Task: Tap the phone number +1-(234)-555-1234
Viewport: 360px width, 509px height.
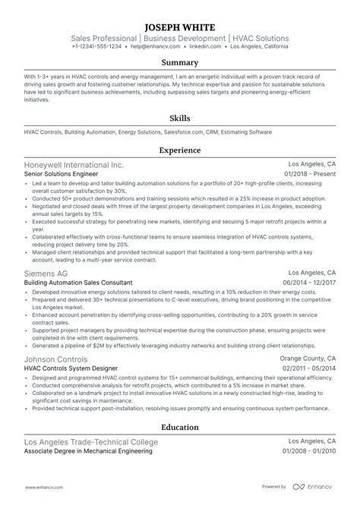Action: [96, 46]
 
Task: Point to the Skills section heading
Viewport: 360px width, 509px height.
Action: [180, 119]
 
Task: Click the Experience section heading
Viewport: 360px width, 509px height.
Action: [180, 150]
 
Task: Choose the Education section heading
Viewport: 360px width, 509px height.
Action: [180, 427]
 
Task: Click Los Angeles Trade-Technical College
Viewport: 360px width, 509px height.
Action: [91, 441]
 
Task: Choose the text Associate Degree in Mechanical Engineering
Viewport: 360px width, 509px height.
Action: [87, 452]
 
